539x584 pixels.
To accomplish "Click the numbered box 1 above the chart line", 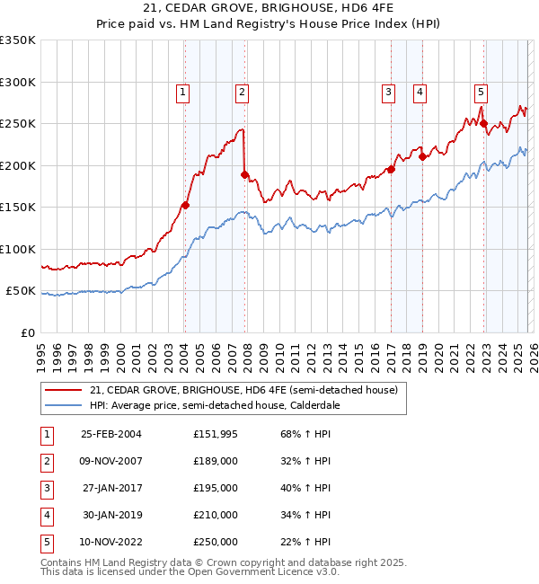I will click(182, 91).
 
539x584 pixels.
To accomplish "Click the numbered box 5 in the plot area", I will click(481, 91).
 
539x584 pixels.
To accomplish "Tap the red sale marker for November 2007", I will click(244, 174).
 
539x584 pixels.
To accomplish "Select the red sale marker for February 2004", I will click(185, 205).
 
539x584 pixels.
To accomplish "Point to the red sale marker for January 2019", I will click(422, 156).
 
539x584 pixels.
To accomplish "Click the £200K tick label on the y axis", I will click(18, 165).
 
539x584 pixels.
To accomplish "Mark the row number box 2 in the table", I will click(45, 461).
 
